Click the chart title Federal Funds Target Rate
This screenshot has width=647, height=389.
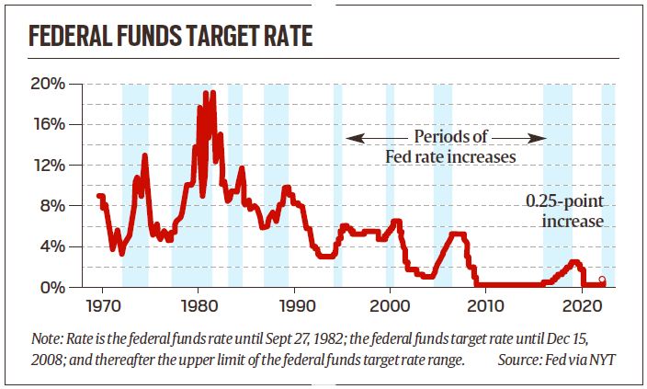tap(170, 38)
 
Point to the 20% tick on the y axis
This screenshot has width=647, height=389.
tap(48, 84)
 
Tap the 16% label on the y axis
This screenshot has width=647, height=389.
tap(48, 124)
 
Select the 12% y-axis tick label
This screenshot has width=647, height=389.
tap(48, 166)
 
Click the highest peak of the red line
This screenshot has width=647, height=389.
tap(206, 92)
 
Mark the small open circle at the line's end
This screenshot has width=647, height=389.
tap(602, 280)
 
